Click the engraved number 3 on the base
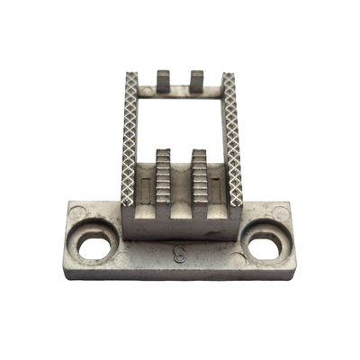[179, 254]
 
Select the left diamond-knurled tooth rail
[130, 139]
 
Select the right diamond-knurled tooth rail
[232, 139]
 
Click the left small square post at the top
[164, 81]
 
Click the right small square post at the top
[197, 81]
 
